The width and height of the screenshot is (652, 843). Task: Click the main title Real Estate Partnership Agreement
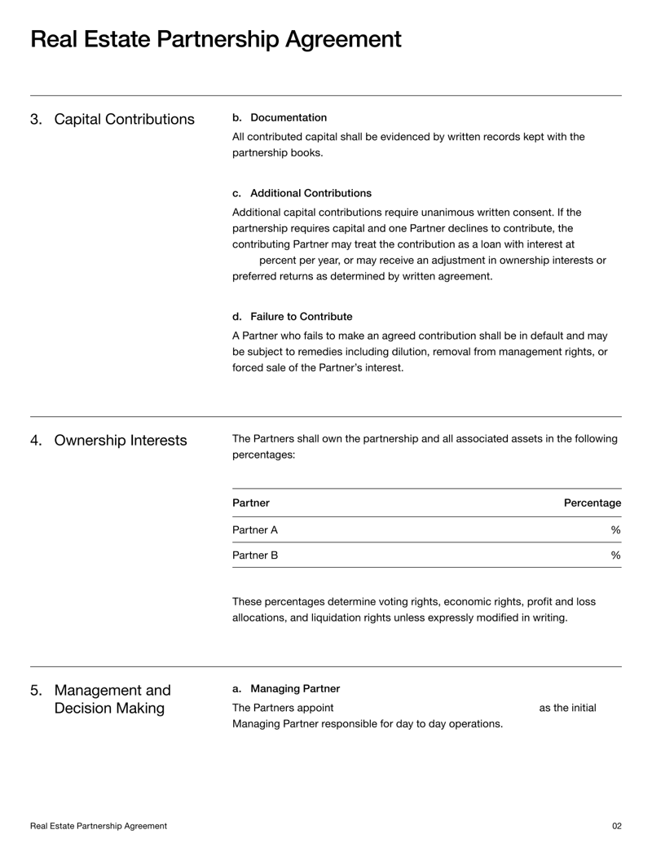(x=215, y=39)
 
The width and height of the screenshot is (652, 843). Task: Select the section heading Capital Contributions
(x=124, y=120)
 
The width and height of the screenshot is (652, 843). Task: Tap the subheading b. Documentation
(x=280, y=118)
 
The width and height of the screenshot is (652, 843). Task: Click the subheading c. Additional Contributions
(x=302, y=193)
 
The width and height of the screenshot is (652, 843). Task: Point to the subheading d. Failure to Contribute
(x=293, y=316)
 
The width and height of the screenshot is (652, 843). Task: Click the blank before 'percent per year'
(x=244, y=261)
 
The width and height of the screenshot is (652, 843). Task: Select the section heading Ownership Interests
(x=120, y=441)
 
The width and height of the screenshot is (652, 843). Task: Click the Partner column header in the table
(x=251, y=503)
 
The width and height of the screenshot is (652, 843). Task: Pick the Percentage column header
(x=592, y=503)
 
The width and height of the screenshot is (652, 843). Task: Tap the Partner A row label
(x=255, y=530)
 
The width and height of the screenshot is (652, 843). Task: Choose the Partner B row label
(x=255, y=555)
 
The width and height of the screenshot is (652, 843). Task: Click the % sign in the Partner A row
(x=615, y=530)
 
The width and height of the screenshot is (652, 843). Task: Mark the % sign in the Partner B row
(x=615, y=555)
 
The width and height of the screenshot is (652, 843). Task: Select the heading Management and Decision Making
(x=112, y=700)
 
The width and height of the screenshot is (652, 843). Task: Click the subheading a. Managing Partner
(x=286, y=689)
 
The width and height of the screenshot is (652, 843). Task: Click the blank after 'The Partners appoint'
(x=435, y=708)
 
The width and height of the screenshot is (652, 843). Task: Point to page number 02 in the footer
(x=616, y=826)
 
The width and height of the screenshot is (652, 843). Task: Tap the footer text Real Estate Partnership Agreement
(x=99, y=826)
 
